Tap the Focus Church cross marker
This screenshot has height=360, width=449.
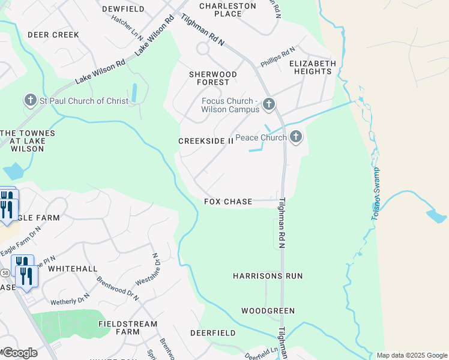(x=268, y=105)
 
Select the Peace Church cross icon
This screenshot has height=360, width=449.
(x=295, y=137)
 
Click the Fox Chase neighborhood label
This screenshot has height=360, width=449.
(x=228, y=202)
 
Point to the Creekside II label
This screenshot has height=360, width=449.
(x=205, y=141)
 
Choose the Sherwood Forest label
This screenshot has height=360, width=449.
(x=213, y=78)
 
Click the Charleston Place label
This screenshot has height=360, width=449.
(x=228, y=10)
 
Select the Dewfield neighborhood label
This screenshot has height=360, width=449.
(x=124, y=9)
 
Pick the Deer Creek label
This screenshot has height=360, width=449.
(x=53, y=35)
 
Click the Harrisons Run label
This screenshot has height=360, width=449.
(x=268, y=276)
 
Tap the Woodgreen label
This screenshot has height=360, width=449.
(x=268, y=311)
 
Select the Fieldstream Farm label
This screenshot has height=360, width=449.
(x=127, y=328)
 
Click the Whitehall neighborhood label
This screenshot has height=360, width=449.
(x=72, y=269)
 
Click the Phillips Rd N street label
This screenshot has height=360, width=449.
(x=277, y=58)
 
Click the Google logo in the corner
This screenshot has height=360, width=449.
(x=19, y=352)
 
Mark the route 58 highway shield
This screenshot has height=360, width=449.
(x=5, y=272)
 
